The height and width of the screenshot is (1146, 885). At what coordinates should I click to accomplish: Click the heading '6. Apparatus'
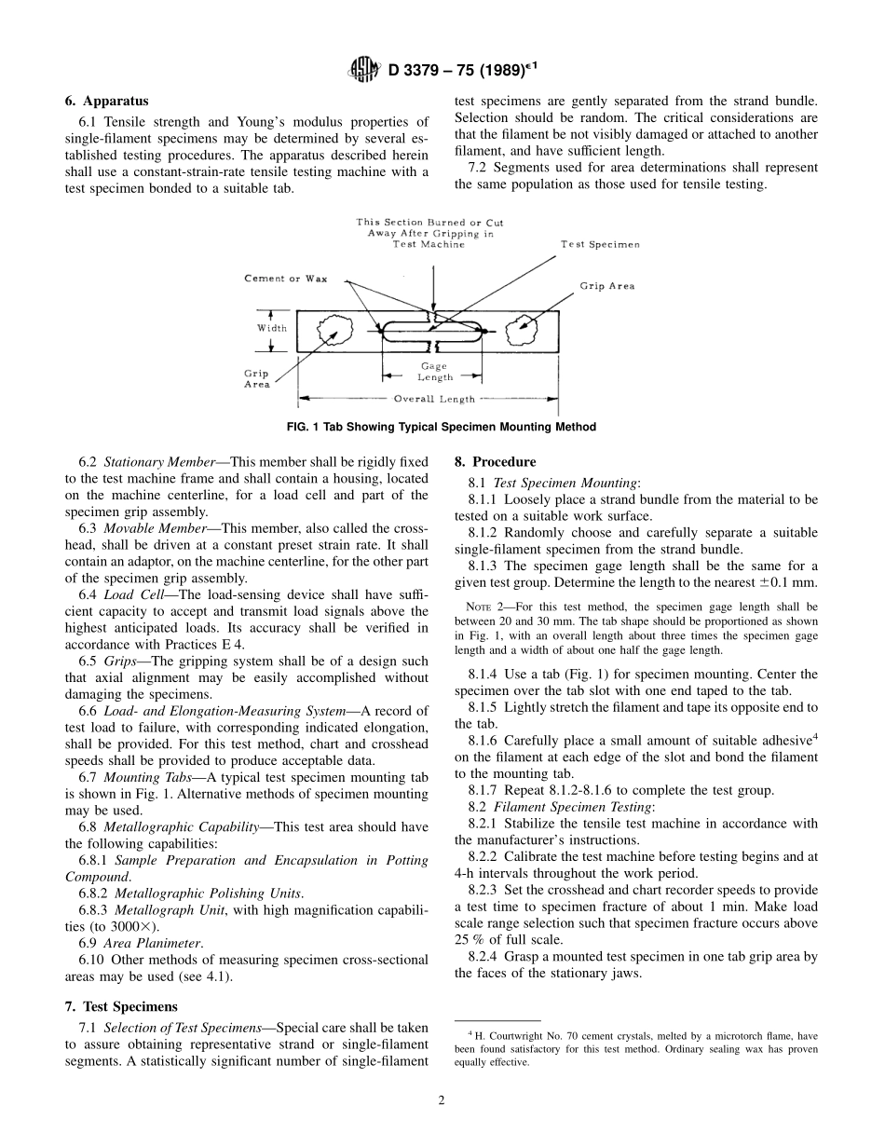tap(106, 101)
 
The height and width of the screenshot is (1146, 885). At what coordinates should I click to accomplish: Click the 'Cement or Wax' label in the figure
tap(285, 279)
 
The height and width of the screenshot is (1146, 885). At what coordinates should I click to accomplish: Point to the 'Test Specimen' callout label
tap(599, 244)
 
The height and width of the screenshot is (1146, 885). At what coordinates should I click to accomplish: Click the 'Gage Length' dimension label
tap(433, 372)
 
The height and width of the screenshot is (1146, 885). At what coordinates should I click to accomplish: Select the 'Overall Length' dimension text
tap(433, 399)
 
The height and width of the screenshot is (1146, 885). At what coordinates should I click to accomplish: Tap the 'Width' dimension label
tap(272, 328)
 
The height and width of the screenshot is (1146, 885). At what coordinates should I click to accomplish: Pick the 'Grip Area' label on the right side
tap(606, 286)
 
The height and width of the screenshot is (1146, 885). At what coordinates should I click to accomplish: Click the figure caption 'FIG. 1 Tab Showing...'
tap(442, 427)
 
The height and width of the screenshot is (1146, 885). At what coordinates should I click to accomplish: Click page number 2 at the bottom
tap(442, 1099)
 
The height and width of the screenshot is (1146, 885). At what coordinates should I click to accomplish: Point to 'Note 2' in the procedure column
tap(484, 607)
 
